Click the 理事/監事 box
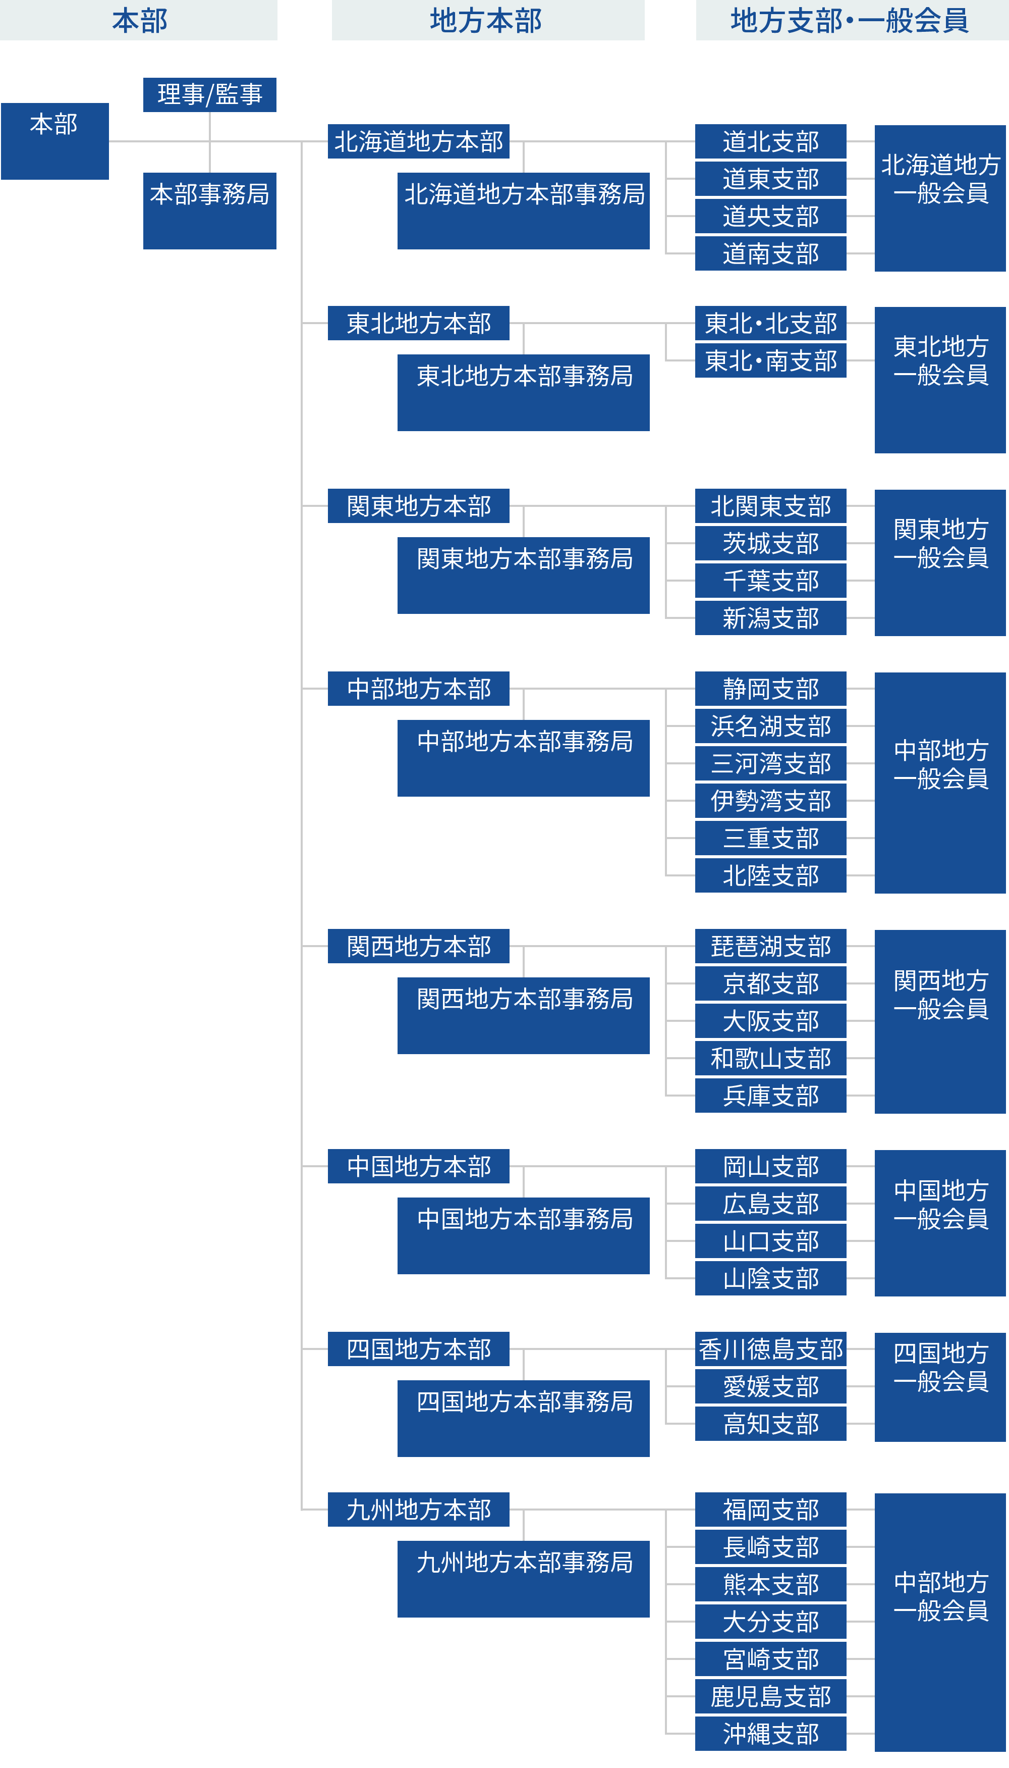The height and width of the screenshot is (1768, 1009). point(209,94)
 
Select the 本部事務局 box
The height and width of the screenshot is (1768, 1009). point(209,210)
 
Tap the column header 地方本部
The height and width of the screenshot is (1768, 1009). point(487,20)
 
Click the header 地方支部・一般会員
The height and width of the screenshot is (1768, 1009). point(851,20)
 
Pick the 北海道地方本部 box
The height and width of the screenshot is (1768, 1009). point(419,141)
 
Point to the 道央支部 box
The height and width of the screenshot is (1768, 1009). point(770,216)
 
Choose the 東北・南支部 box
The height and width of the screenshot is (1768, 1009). point(770,360)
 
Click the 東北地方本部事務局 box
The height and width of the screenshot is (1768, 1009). point(523,392)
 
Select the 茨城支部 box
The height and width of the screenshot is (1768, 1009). point(770,544)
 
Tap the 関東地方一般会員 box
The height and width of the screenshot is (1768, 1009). point(940,562)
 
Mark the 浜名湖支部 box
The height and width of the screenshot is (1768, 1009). point(770,726)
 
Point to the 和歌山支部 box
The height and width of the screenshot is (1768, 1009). point(770,1059)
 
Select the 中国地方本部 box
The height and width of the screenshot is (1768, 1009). point(419,1166)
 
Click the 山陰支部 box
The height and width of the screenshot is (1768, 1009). point(770,1278)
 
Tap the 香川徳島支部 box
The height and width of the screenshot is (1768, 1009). point(770,1349)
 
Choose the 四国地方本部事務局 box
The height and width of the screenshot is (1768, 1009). point(523,1418)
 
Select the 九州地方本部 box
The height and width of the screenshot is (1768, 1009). point(419,1510)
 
